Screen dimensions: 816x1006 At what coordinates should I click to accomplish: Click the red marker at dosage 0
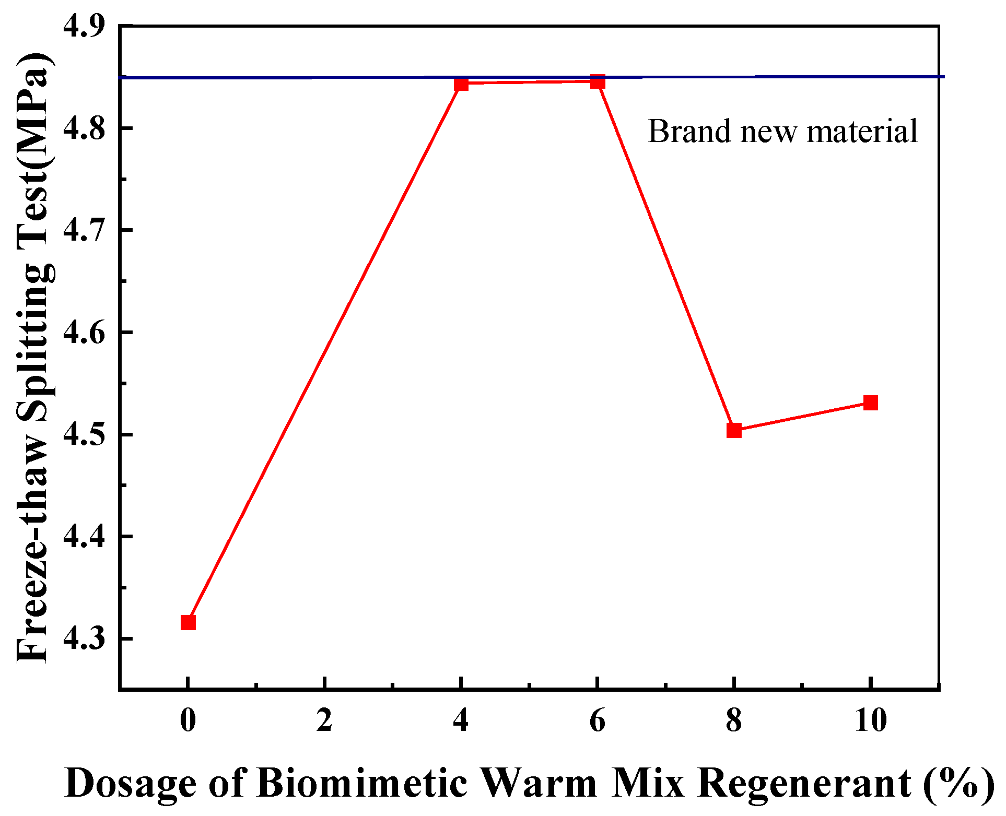(188, 622)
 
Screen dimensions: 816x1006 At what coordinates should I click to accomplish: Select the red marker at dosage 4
(461, 84)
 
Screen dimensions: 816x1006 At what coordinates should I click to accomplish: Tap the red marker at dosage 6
(598, 81)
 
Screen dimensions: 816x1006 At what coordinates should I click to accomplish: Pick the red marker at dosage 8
(734, 430)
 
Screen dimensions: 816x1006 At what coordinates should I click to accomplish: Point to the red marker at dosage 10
(870, 403)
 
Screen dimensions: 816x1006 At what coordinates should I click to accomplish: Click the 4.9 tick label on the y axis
(84, 26)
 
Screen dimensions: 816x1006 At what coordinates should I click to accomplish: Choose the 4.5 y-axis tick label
(84, 434)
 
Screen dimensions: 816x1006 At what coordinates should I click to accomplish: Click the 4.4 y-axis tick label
(84, 536)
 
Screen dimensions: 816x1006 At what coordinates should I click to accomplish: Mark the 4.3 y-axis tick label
(84, 638)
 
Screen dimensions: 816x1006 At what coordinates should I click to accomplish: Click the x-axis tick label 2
(324, 721)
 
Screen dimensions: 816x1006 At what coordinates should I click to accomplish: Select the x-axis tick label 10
(870, 721)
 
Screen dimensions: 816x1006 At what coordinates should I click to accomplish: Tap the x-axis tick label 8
(734, 721)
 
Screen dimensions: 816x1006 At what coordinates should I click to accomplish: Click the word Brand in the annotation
(689, 131)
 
